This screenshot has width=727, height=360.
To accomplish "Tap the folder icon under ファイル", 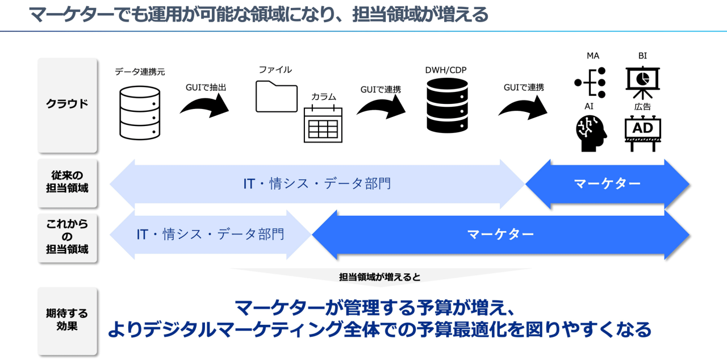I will point(277,96).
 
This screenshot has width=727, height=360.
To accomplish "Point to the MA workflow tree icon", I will point(590,83).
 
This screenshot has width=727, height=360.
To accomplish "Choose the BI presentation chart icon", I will point(642,83).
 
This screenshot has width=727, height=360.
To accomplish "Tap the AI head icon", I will point(590,134).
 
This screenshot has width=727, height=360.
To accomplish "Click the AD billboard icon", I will point(642,133).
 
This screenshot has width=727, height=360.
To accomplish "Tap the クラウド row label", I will point(67,104).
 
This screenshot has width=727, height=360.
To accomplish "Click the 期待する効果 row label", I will point(67,320).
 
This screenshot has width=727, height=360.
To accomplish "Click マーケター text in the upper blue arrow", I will point(607,183).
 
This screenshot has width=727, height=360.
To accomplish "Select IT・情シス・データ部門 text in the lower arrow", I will point(210,235).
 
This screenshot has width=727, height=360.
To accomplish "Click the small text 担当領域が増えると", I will point(379,277).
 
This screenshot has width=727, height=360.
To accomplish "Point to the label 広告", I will point(642,107).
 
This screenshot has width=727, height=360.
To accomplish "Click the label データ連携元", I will point(140,72).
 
